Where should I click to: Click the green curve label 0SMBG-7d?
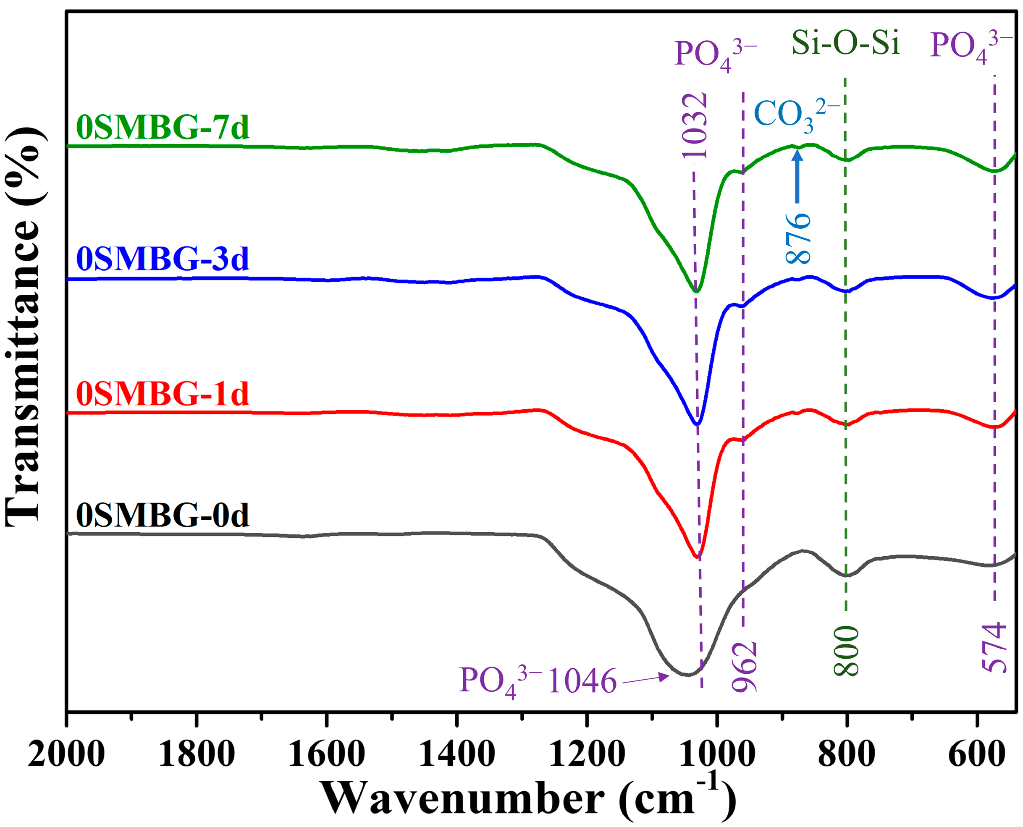(163, 127)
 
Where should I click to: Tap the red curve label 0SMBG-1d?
(163, 394)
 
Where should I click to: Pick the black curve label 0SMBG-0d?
(163, 515)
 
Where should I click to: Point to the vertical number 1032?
(694, 125)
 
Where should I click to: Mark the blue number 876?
(797, 238)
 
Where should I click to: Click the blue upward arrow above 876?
(797, 176)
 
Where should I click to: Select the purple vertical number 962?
(744, 667)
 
